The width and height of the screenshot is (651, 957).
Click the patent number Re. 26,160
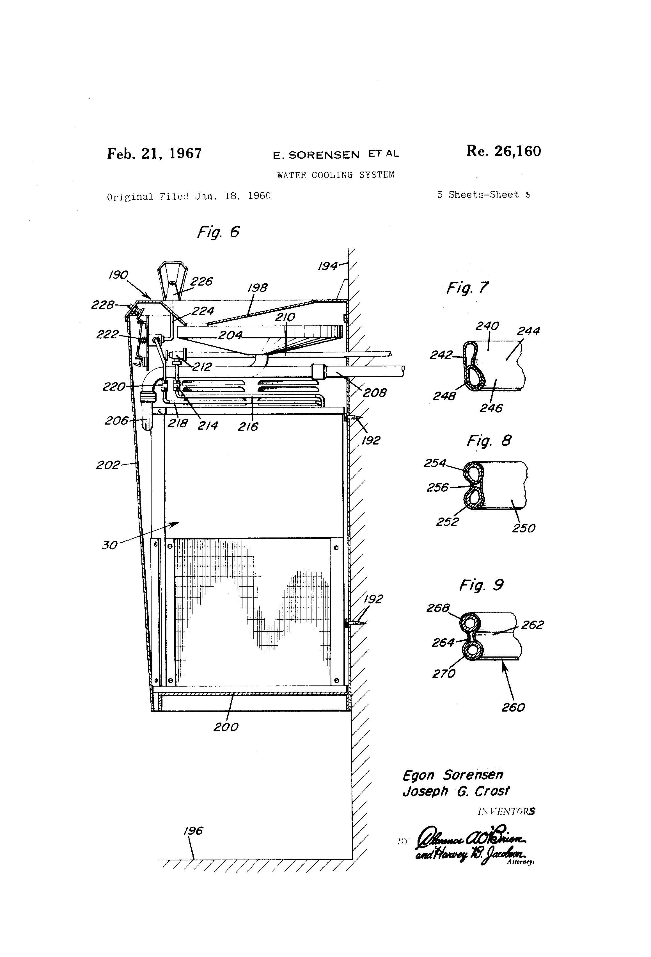click(x=503, y=152)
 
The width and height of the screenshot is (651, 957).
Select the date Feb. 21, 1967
click(x=154, y=154)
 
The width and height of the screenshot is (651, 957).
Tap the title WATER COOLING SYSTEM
click(x=335, y=175)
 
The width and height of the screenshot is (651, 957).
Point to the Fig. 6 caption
click(x=218, y=232)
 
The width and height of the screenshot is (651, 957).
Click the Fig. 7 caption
click(x=467, y=288)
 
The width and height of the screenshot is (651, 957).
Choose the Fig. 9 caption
click(x=481, y=585)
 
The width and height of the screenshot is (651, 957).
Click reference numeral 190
click(x=118, y=275)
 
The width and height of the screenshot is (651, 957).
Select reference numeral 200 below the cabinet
click(x=226, y=727)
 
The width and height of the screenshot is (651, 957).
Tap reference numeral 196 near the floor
click(x=193, y=831)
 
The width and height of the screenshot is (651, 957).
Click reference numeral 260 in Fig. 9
click(x=513, y=707)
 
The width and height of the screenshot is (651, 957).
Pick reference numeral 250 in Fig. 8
click(x=523, y=528)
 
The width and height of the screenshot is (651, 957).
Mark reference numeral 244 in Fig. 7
click(x=528, y=331)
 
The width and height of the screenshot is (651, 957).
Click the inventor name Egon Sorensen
click(x=453, y=775)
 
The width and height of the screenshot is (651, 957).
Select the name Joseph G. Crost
click(x=456, y=791)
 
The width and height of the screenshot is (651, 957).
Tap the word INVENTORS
click(x=506, y=812)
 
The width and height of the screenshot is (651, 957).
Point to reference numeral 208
click(x=375, y=393)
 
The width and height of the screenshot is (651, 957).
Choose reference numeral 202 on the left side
click(x=107, y=465)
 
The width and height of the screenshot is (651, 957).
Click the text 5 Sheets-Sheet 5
click(x=483, y=195)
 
